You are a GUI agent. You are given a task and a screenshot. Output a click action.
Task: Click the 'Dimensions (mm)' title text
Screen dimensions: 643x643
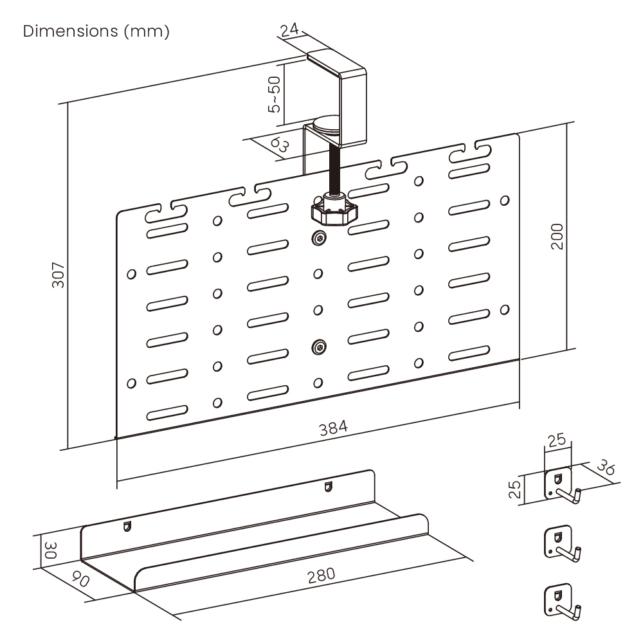tap(96, 32)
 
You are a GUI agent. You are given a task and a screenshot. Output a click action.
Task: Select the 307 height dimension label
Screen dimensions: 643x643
tap(59, 275)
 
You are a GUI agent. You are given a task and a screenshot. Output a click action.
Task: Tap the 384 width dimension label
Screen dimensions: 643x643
tap(334, 427)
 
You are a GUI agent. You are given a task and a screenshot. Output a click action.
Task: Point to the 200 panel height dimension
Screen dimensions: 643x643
tap(557, 237)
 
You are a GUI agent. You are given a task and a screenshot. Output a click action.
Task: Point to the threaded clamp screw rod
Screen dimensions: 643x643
tap(334, 168)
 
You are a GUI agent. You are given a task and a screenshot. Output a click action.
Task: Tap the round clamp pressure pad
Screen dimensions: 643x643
tap(329, 124)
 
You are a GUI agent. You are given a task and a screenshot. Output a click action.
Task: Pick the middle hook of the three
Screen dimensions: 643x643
tap(561, 541)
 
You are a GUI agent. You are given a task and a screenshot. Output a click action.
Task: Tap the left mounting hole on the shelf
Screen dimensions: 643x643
tap(127, 527)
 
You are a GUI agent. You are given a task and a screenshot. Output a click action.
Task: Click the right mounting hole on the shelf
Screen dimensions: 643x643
tap(329, 487)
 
